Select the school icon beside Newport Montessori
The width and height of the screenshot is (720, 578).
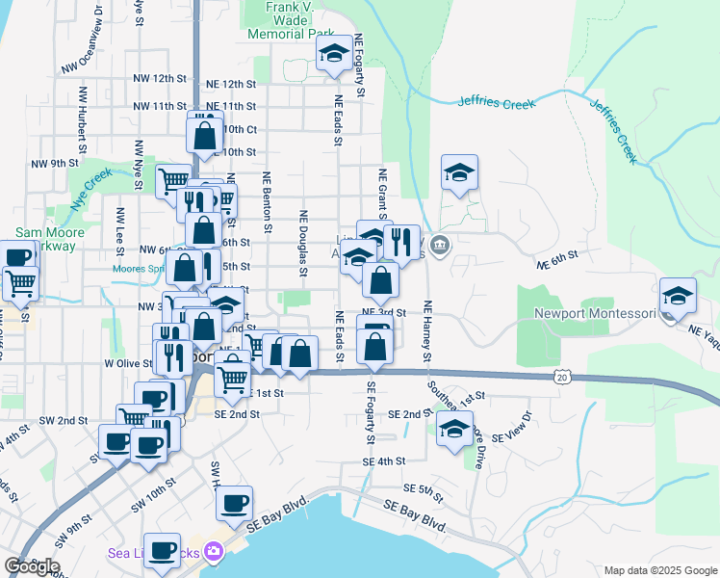point(679,299)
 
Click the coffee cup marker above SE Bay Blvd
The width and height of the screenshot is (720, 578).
point(235,503)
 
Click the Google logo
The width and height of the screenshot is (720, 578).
point(32,565)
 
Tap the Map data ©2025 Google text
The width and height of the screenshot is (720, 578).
point(659,570)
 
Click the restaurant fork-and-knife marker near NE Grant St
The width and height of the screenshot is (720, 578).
point(402,242)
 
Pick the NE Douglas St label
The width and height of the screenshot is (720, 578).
point(302,244)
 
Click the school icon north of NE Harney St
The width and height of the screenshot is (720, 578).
point(459,174)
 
